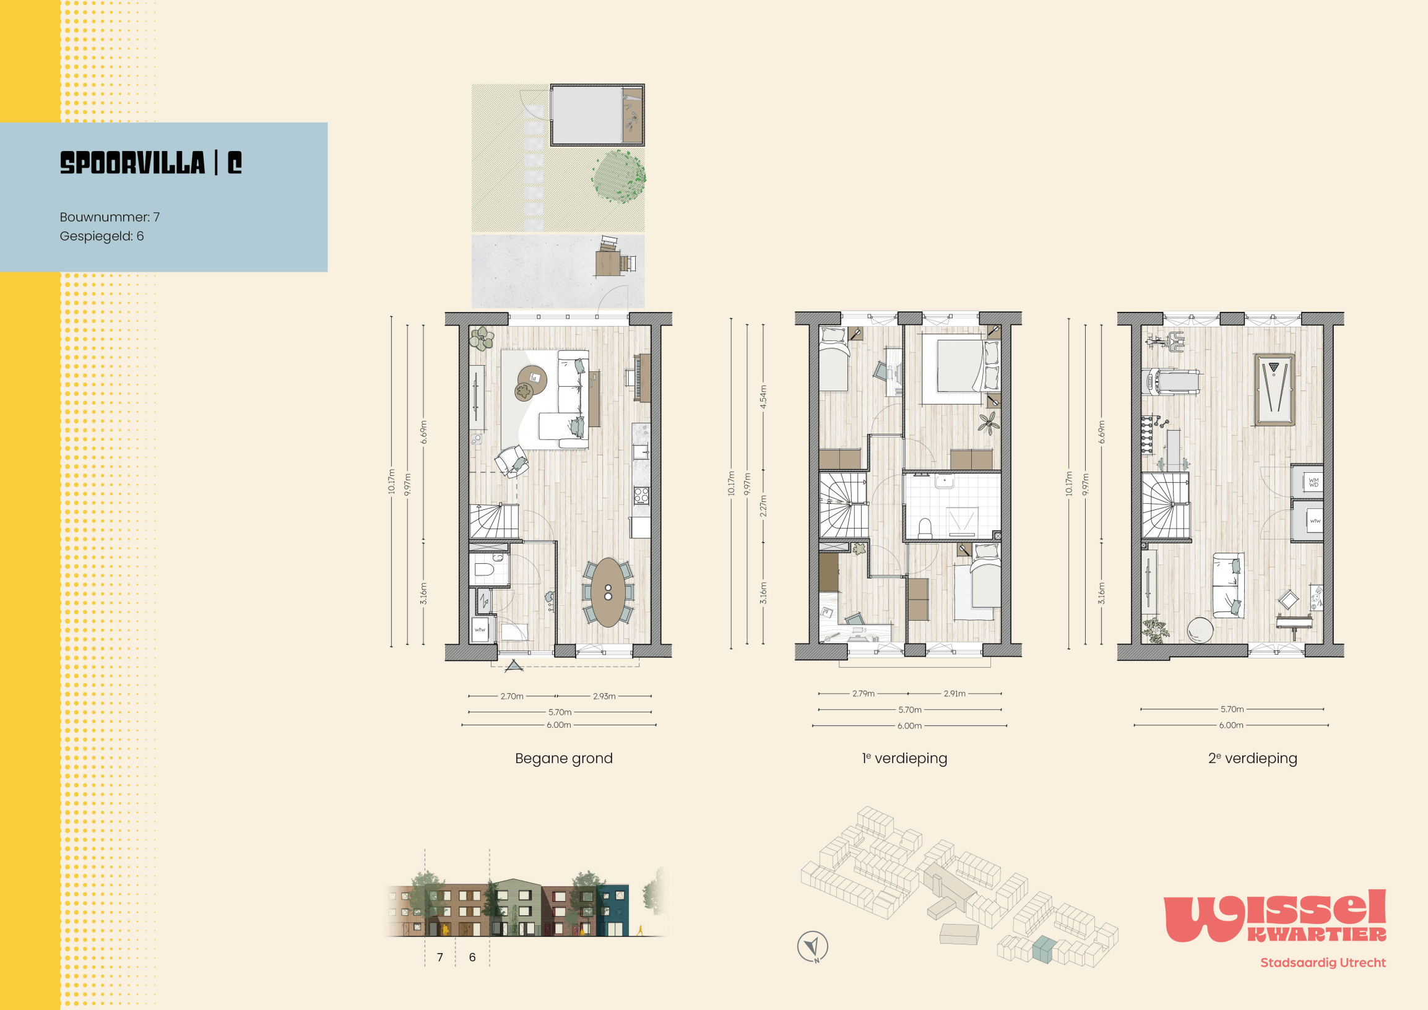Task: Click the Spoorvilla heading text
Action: [151, 163]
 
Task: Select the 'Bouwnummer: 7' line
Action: [110, 217]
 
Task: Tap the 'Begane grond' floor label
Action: [563, 758]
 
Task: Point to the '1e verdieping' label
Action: [904, 758]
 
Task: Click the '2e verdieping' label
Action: [1253, 758]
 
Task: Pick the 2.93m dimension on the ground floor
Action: [604, 696]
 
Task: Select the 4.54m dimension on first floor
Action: [763, 397]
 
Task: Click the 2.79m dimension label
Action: [863, 693]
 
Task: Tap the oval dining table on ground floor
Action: [608, 592]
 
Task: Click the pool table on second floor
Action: [1274, 390]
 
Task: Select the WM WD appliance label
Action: [1313, 482]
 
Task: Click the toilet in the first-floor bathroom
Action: [924, 528]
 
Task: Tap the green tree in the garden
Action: [618, 176]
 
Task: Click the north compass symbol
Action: [812, 946]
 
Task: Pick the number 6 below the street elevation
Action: [472, 957]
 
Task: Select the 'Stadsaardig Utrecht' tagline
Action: [1323, 963]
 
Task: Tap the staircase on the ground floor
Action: [494, 521]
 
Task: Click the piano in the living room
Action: [641, 378]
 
